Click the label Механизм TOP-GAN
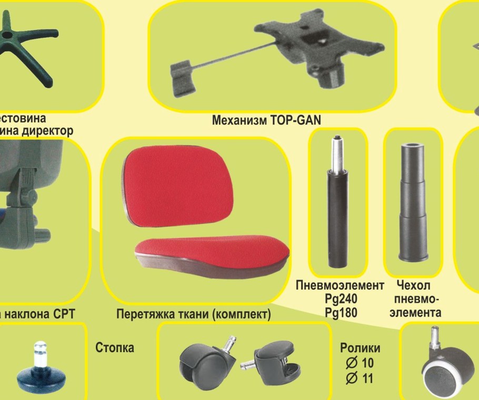click(266, 120)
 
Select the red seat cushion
click(211, 252)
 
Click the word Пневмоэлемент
click(340, 285)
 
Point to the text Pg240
click(341, 299)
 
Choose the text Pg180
click(341, 313)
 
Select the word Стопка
click(115, 348)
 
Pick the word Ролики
click(360, 348)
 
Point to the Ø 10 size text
click(360, 363)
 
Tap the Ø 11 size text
click(360, 377)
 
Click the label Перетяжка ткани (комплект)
click(193, 314)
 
